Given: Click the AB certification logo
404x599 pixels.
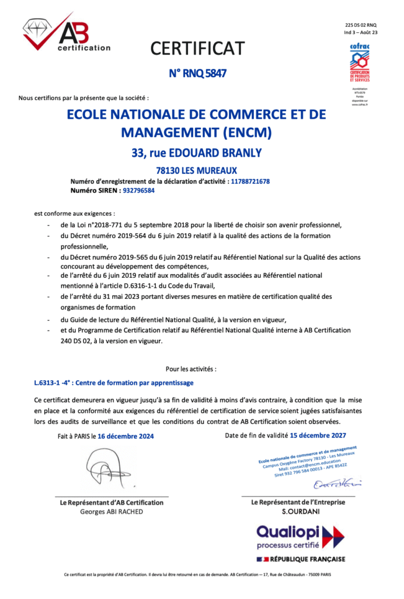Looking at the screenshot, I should pyautogui.click(x=65, y=34).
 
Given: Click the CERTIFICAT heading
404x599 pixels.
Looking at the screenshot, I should pyautogui.click(x=197, y=48).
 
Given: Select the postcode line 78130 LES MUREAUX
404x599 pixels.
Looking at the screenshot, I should pyautogui.click(x=196, y=171).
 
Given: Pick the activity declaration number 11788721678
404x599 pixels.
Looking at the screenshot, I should pyautogui.click(x=250, y=181).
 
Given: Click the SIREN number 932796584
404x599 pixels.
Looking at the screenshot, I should pyautogui.click(x=139, y=190).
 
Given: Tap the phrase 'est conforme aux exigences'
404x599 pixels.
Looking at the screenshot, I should pyautogui.click(x=74, y=214).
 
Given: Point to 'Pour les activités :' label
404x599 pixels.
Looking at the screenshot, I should pyautogui.click(x=191, y=369).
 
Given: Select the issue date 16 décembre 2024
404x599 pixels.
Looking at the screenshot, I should pyautogui.click(x=126, y=436).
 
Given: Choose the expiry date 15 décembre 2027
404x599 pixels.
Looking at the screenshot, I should pyautogui.click(x=318, y=435).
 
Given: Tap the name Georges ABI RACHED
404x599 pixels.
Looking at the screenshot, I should pyautogui.click(x=111, y=511).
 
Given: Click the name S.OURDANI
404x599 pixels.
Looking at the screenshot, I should pyautogui.click(x=298, y=511).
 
